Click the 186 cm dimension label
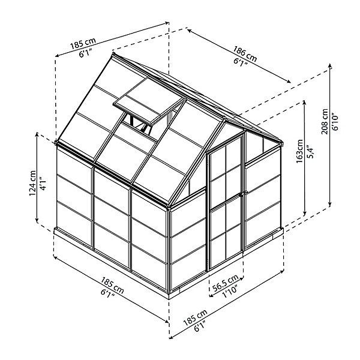(245, 54)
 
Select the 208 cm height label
(325, 121)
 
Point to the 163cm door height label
(299, 151)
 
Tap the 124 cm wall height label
(32, 183)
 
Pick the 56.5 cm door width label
(225, 283)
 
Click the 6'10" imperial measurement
(335, 122)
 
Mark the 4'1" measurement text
(43, 183)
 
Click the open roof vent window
(149, 102)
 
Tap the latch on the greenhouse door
(241, 194)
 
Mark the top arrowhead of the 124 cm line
(37, 134)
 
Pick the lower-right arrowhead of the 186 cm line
(289, 81)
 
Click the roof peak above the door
(224, 118)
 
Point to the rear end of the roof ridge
(113, 54)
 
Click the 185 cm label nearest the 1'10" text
(196, 317)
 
